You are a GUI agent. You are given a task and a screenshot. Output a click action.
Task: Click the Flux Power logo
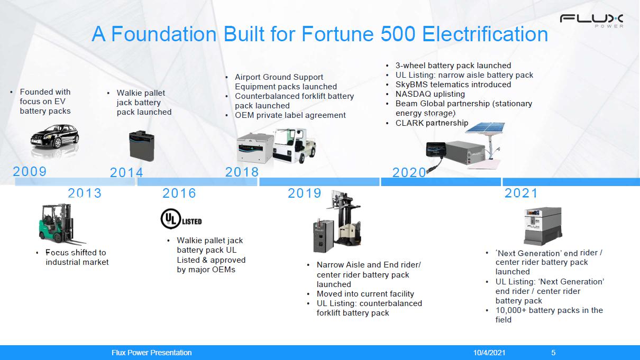click(591, 21)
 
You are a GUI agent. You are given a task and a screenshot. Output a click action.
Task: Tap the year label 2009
click(30, 171)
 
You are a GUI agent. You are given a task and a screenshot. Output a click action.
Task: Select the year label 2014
click(126, 172)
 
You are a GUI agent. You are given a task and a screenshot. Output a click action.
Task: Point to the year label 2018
click(242, 172)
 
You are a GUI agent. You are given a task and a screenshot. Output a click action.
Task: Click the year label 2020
click(409, 172)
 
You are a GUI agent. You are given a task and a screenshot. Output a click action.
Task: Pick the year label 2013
click(85, 193)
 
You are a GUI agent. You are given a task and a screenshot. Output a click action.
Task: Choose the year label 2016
click(179, 193)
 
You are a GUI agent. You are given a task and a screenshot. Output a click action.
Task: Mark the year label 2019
click(304, 193)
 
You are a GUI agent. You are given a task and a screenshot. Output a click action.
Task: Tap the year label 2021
click(521, 193)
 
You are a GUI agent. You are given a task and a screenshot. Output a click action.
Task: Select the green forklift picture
click(61, 224)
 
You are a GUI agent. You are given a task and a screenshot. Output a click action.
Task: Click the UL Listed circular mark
click(171, 219)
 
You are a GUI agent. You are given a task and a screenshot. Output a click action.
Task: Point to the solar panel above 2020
click(486, 127)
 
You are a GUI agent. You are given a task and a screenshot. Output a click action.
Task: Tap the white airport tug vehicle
click(294, 145)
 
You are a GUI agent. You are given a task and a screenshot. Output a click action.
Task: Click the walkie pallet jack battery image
click(142, 145)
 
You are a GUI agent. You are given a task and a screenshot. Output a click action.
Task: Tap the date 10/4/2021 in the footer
click(489, 353)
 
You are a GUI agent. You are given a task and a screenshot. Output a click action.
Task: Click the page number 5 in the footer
click(553, 353)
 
